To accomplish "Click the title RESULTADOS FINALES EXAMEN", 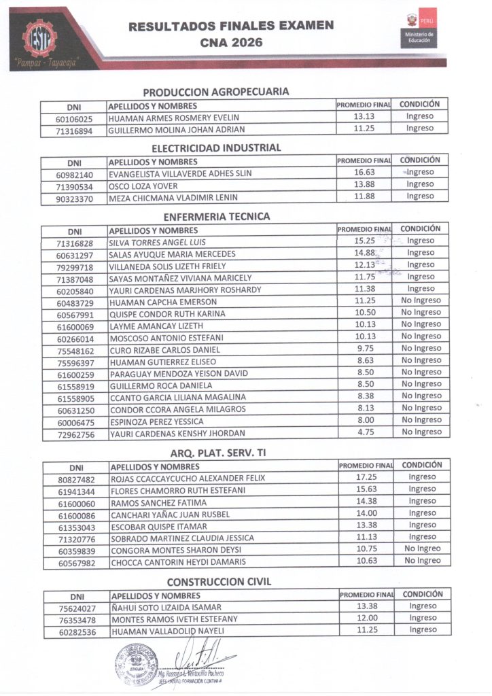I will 231,26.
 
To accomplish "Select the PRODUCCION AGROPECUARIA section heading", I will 216,91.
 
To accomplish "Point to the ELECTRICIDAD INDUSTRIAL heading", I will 216,147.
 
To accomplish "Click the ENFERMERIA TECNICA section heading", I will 217,217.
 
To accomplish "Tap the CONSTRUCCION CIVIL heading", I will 219,581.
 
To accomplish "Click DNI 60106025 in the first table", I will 74,118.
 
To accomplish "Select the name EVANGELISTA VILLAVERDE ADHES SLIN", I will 180,173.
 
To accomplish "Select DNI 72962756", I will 75,433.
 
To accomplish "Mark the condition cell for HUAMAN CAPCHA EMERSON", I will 421,301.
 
